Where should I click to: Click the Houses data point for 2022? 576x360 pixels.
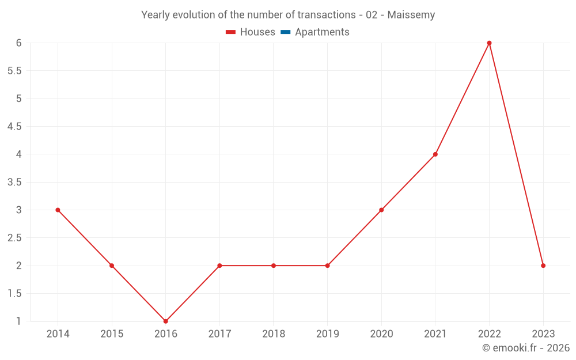(489, 43)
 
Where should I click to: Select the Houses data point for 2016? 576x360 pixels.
(166, 321)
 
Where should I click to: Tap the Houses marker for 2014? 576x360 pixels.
(58, 210)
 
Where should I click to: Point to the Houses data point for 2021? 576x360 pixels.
(435, 154)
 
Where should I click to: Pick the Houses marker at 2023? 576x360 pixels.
(543, 266)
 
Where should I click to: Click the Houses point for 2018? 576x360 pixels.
(274, 266)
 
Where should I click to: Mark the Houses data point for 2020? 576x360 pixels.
(381, 210)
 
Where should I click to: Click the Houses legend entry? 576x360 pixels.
(257, 32)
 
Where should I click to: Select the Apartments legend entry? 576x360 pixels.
(322, 32)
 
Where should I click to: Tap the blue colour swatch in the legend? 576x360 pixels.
(285, 32)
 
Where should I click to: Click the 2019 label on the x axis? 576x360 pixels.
(327, 334)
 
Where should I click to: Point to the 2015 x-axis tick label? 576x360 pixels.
(112, 334)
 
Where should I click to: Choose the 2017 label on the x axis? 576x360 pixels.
(219, 334)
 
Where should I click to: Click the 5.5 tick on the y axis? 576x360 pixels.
(14, 71)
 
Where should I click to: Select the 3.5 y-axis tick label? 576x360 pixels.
(14, 182)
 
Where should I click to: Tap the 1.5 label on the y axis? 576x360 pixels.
(14, 293)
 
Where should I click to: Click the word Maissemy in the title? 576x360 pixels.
(411, 15)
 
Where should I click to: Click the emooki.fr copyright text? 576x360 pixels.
(526, 348)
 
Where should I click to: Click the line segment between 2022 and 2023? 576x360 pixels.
(516, 154)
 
